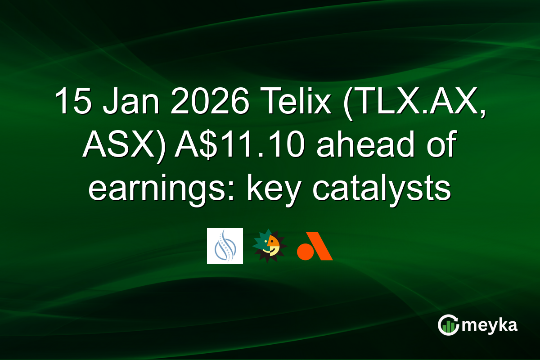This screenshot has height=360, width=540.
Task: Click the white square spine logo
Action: click(x=225, y=246)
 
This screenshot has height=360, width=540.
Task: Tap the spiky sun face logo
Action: click(x=269, y=246)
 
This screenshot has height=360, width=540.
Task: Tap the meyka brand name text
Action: click(x=490, y=325)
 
